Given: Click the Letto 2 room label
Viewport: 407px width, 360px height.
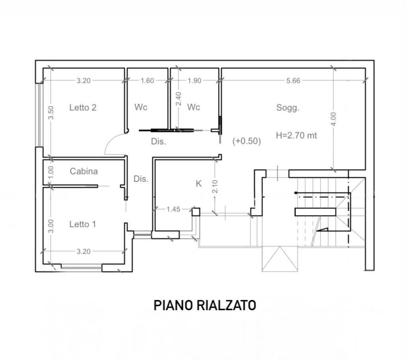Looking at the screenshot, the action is [83, 108].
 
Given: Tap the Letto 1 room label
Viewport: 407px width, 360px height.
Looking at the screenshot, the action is [82, 224].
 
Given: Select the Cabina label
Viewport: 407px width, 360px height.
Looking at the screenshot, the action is [84, 171].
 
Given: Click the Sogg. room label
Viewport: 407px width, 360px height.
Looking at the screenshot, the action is [288, 108].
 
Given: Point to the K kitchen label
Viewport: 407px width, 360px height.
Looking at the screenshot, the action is [199, 184].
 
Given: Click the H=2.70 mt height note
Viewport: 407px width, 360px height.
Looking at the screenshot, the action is [296, 135].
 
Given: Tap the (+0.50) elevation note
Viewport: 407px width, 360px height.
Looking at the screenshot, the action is [247, 141].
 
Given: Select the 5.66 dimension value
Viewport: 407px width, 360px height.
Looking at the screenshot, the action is [293, 81].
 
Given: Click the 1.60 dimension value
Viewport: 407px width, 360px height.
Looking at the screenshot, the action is [147, 81].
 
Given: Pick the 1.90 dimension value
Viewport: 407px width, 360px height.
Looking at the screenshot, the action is [194, 81].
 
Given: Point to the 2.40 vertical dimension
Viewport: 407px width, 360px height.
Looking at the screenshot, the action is [178, 99].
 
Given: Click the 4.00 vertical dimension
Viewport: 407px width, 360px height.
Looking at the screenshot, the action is [334, 119].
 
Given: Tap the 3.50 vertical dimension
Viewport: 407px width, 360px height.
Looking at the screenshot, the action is [51, 113].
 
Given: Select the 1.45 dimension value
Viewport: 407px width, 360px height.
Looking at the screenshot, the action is [173, 209].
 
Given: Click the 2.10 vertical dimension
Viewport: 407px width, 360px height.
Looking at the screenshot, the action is [215, 187].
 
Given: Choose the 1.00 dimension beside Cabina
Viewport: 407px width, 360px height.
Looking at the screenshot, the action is [51, 172].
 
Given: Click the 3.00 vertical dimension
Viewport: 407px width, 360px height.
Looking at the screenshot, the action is [51, 226].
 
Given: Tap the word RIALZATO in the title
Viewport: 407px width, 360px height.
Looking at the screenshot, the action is [226, 305].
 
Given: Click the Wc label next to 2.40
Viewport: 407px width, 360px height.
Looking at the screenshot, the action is [194, 107].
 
